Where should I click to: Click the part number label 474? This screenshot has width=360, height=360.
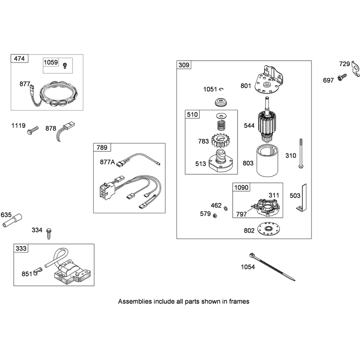point(19,58)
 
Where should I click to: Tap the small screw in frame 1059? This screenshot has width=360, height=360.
point(65,66)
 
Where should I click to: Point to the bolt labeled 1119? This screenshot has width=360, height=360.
point(32,130)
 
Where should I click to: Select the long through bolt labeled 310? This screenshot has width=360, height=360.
point(301,153)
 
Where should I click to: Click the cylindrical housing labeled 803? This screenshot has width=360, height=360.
point(267,160)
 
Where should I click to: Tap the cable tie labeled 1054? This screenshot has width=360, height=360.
point(272,267)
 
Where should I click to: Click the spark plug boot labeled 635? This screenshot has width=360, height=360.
point(13,220)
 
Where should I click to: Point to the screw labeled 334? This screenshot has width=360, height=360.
point(49,234)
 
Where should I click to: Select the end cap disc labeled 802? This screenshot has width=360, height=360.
point(268,229)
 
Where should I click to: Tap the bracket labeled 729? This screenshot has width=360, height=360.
point(355,69)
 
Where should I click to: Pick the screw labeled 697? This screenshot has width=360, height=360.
point(342,77)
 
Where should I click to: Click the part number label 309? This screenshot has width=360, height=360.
point(184,65)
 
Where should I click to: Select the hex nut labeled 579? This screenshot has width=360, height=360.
point(215,216)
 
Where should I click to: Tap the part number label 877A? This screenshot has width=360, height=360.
point(107,162)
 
